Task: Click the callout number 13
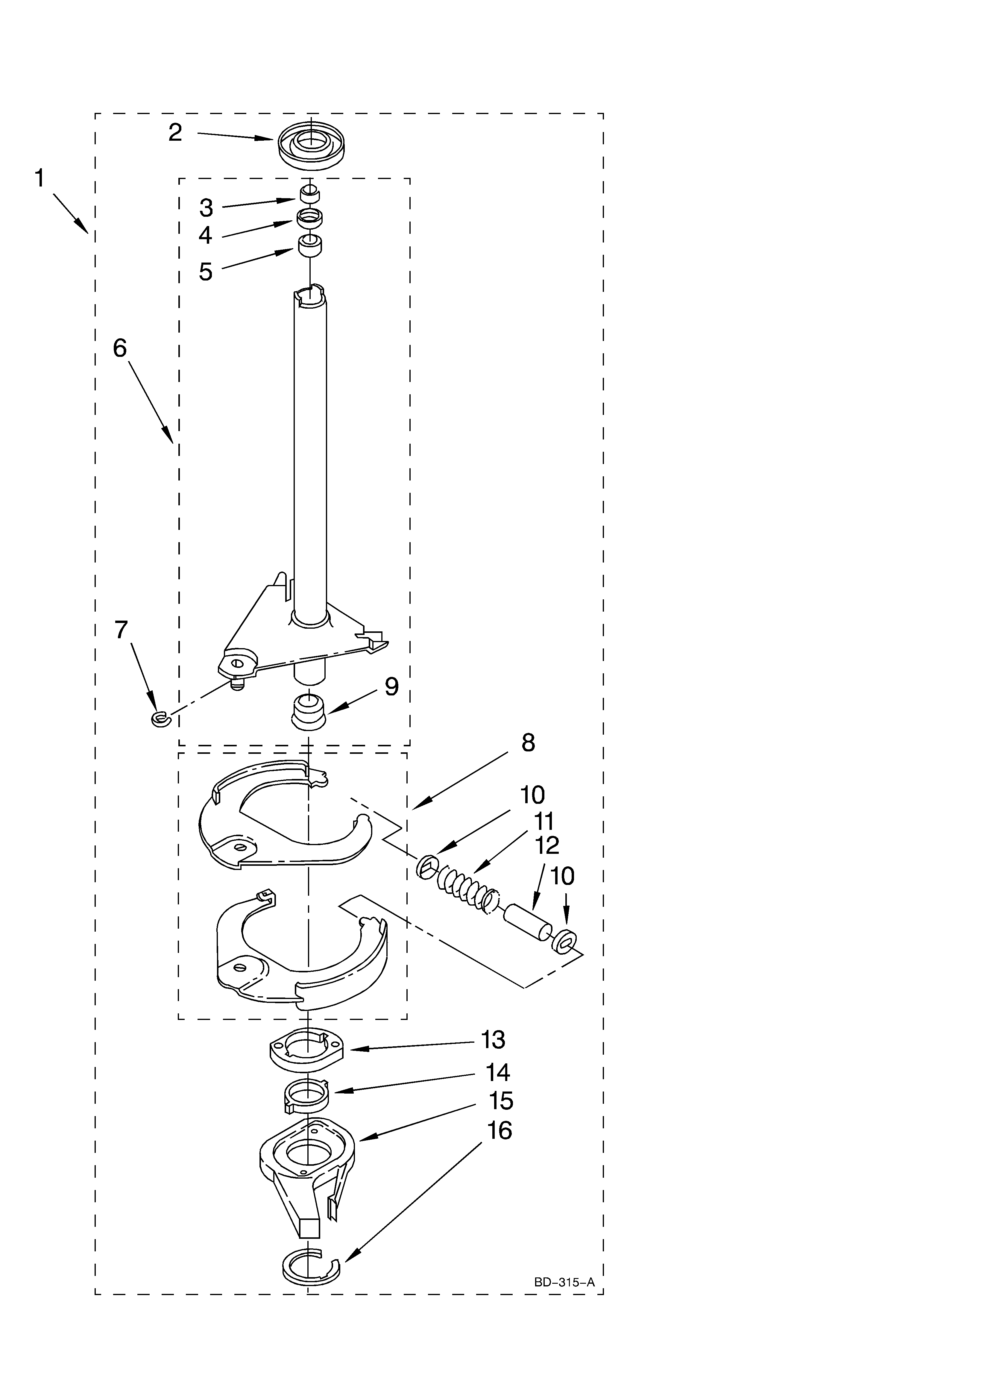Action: pyautogui.click(x=493, y=1039)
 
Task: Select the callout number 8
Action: pyautogui.click(x=529, y=743)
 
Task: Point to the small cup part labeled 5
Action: pyautogui.click(x=310, y=246)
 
